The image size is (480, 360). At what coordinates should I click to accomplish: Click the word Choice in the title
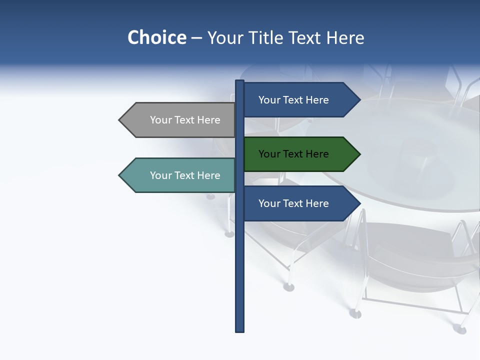(x=156, y=37)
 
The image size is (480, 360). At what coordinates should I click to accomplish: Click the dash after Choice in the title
(x=196, y=38)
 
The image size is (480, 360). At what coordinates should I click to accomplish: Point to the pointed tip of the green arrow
(x=359, y=154)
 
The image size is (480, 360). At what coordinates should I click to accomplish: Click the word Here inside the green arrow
(x=317, y=154)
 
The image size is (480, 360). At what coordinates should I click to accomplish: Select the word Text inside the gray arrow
(x=185, y=120)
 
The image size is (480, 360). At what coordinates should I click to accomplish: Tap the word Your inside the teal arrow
(x=160, y=175)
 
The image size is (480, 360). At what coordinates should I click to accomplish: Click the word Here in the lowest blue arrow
(x=317, y=203)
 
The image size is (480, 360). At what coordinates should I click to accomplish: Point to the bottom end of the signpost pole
(x=240, y=330)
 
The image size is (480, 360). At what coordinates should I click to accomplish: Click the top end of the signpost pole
(x=240, y=82)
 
